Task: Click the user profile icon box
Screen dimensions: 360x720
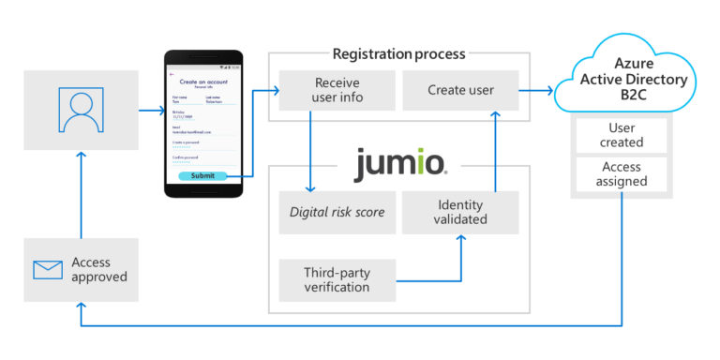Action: click(x=82, y=111)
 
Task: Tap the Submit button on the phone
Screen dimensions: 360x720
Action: click(x=202, y=175)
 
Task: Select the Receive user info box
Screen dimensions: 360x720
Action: click(x=337, y=91)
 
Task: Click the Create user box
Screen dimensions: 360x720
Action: click(x=459, y=91)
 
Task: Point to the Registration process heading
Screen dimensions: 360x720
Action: click(x=398, y=53)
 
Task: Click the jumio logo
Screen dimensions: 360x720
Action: click(x=400, y=166)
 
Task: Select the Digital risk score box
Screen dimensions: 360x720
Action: click(x=337, y=212)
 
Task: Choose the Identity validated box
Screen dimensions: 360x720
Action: click(x=459, y=212)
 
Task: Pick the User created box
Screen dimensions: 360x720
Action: click(x=622, y=134)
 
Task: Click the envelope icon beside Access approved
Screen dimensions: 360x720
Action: click(x=47, y=270)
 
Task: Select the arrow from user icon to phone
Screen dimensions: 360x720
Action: click(x=151, y=111)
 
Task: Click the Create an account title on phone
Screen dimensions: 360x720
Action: click(x=203, y=82)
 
